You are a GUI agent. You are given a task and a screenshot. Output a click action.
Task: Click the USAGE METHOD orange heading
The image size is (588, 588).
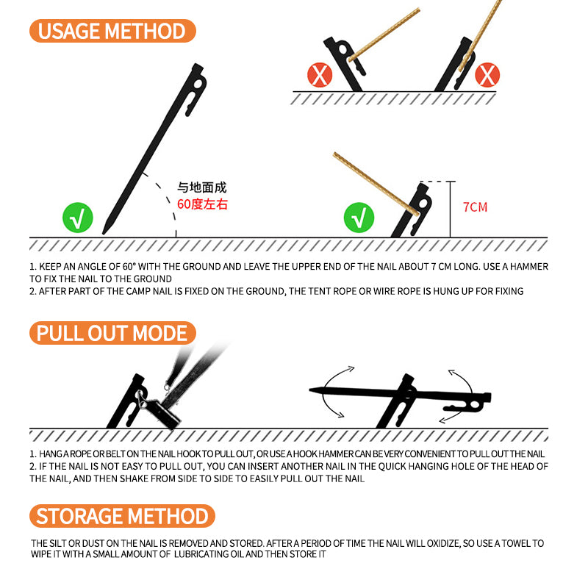point(112,31)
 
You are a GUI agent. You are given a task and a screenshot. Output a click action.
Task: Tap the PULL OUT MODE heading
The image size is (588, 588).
point(112,333)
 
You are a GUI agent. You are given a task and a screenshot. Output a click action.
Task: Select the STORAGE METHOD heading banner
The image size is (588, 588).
point(122,515)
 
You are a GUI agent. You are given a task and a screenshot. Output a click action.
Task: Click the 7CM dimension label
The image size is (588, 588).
point(475,207)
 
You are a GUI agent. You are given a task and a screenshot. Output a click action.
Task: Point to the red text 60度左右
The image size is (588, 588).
point(202,204)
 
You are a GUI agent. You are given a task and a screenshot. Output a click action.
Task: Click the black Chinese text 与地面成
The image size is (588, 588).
point(202,188)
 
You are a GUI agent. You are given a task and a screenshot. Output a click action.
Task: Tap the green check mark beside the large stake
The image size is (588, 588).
point(77,218)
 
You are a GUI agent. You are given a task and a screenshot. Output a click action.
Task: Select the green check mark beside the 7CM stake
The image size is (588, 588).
point(359,218)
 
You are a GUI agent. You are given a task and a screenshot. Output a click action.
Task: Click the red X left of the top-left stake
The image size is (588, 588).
point(320,74)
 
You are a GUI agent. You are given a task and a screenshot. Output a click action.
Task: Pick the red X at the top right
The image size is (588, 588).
point(487,74)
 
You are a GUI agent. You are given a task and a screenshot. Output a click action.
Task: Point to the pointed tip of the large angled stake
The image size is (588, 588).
point(105,232)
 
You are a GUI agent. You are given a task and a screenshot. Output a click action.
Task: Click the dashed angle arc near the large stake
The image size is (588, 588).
point(166,198)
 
